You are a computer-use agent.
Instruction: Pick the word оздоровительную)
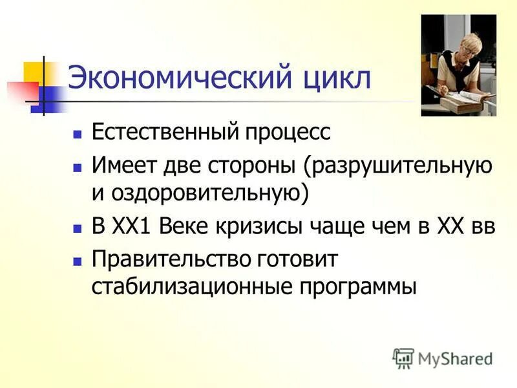211,192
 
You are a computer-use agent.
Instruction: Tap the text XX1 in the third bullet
134,227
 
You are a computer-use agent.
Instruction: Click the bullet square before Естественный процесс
78,135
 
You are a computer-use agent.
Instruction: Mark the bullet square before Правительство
78,261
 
